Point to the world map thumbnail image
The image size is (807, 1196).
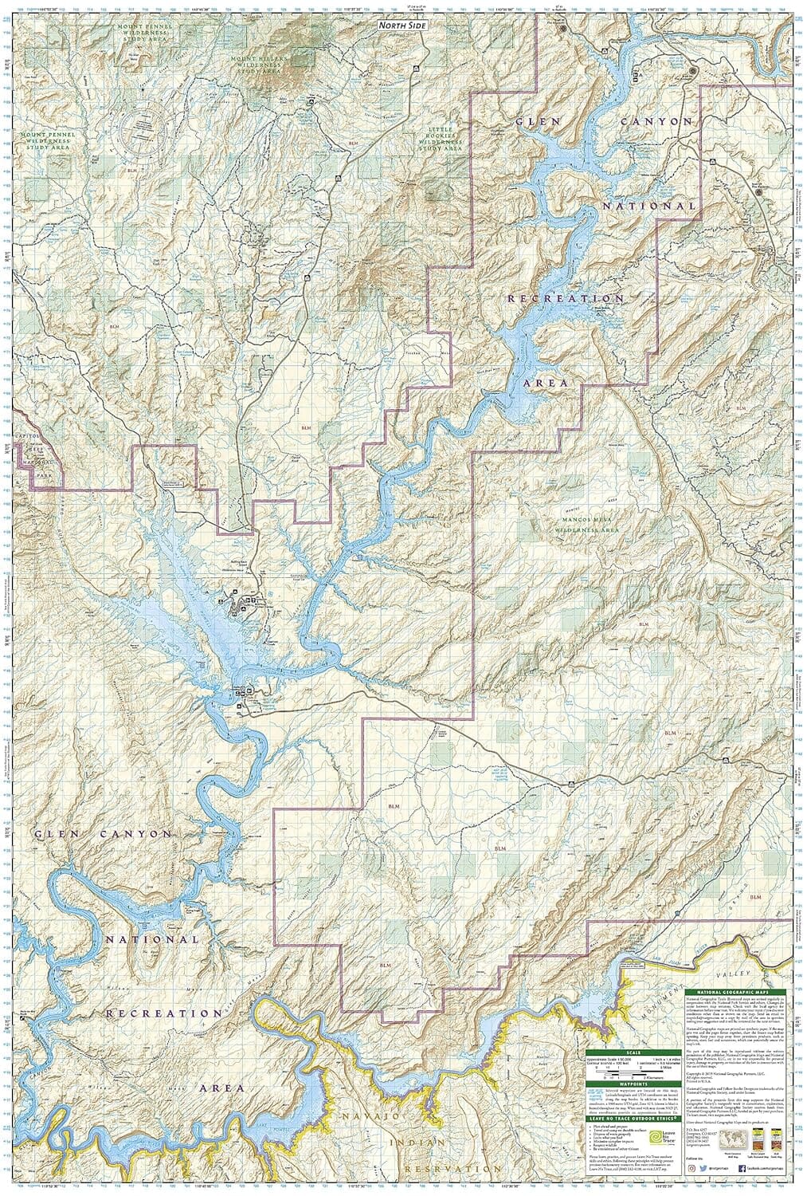731,1138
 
